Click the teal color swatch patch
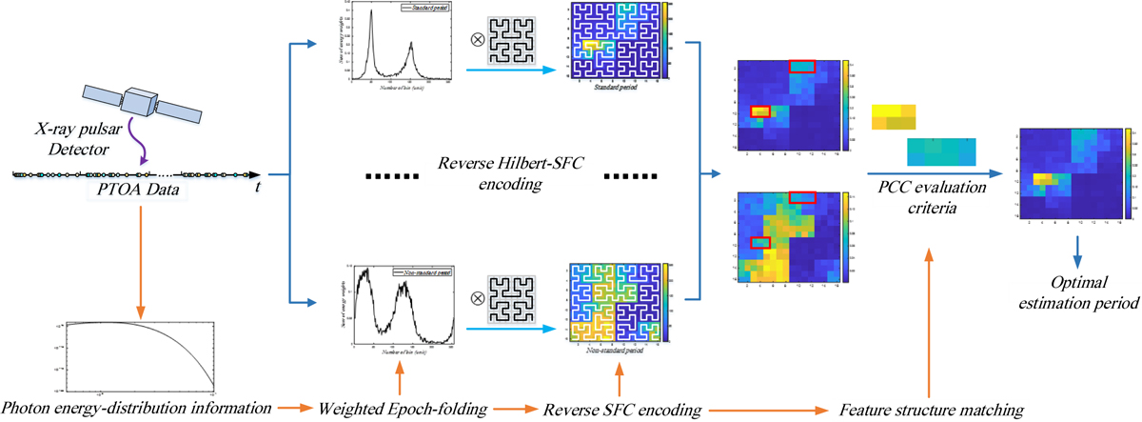coord(941,151)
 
